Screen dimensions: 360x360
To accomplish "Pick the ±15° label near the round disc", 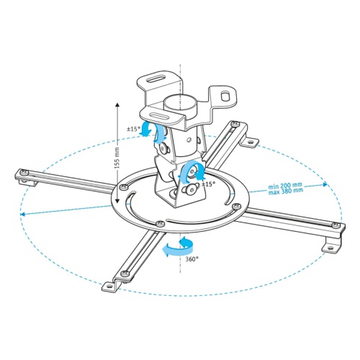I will (x=209, y=184).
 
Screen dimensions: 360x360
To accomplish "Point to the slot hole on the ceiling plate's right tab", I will (x=227, y=95).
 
